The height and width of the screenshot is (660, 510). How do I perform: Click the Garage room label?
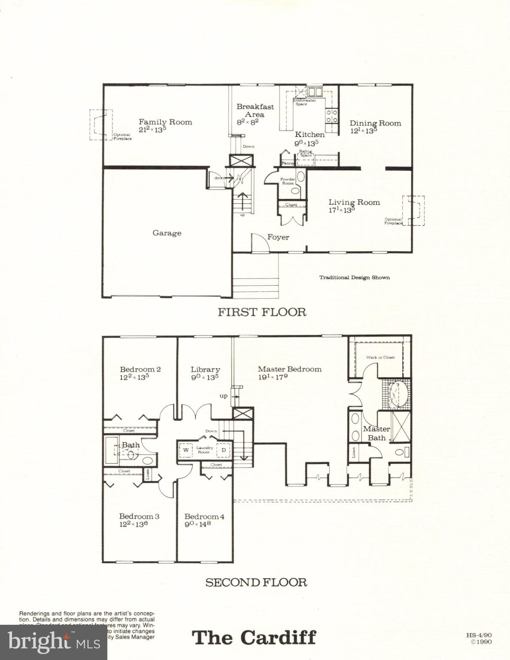pos(167,233)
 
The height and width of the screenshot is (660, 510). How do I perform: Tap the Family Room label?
pos(165,122)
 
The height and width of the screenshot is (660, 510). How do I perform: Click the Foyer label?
pos(278,237)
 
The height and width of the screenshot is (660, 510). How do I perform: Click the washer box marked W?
pos(186,450)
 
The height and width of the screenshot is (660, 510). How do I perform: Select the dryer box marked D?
pos(224,450)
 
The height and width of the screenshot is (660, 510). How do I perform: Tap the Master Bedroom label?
pos(289,369)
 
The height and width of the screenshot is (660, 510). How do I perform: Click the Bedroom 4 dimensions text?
pos(197,524)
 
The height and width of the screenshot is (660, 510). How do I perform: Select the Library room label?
pos(206,370)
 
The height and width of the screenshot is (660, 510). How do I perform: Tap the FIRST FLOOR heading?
pos(262,312)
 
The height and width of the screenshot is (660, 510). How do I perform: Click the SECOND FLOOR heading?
pos(256,583)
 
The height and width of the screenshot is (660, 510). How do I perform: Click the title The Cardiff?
pos(254,638)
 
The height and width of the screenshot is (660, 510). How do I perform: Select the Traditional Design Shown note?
pos(354,278)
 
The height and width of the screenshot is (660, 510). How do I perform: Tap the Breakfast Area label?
pos(255,110)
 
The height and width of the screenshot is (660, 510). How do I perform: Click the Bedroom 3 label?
pos(139,516)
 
